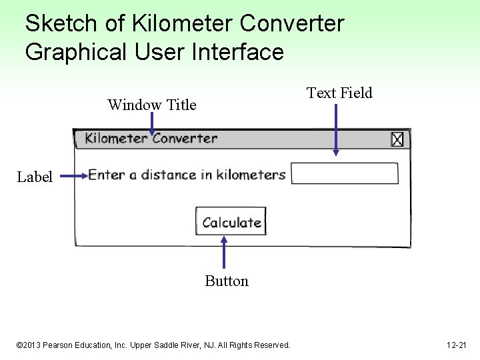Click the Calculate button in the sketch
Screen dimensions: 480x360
(x=231, y=222)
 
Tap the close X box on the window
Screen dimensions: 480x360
(x=397, y=139)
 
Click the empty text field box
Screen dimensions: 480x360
(x=345, y=173)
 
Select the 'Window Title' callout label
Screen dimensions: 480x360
(x=152, y=105)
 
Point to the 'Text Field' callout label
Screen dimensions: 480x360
(x=339, y=93)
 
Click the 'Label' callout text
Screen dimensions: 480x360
(x=35, y=177)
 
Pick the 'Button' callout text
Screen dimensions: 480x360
(x=227, y=281)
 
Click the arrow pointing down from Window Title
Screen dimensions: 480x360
(x=152, y=123)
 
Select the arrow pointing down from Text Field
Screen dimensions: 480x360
(x=335, y=129)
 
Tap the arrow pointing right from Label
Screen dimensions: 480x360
(x=73, y=177)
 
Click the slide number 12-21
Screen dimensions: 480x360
(x=457, y=345)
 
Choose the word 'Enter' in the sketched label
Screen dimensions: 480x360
(x=107, y=175)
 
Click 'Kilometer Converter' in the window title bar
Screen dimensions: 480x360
(x=151, y=139)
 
